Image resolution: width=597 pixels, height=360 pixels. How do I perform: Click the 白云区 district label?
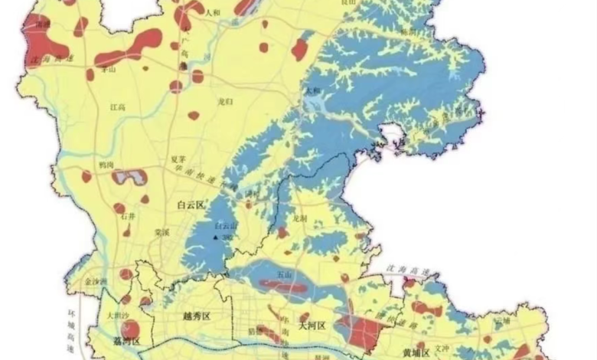coord(191,205)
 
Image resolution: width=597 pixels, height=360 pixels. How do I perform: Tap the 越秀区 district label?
coord(197,316)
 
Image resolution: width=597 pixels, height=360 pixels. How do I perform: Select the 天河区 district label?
coord(312,326)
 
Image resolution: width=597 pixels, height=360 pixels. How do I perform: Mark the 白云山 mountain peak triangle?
coord(216,237)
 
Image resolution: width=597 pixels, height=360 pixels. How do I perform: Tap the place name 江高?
coord(117,107)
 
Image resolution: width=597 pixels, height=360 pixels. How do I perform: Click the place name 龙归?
coord(224,100)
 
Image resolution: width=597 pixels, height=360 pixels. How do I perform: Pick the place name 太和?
coord(312,90)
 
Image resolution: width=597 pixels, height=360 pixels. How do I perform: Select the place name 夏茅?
coord(178,159)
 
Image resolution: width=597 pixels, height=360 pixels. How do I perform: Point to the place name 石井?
coord(128,218)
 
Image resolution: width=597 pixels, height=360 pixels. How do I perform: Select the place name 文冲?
coord(442,347)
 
